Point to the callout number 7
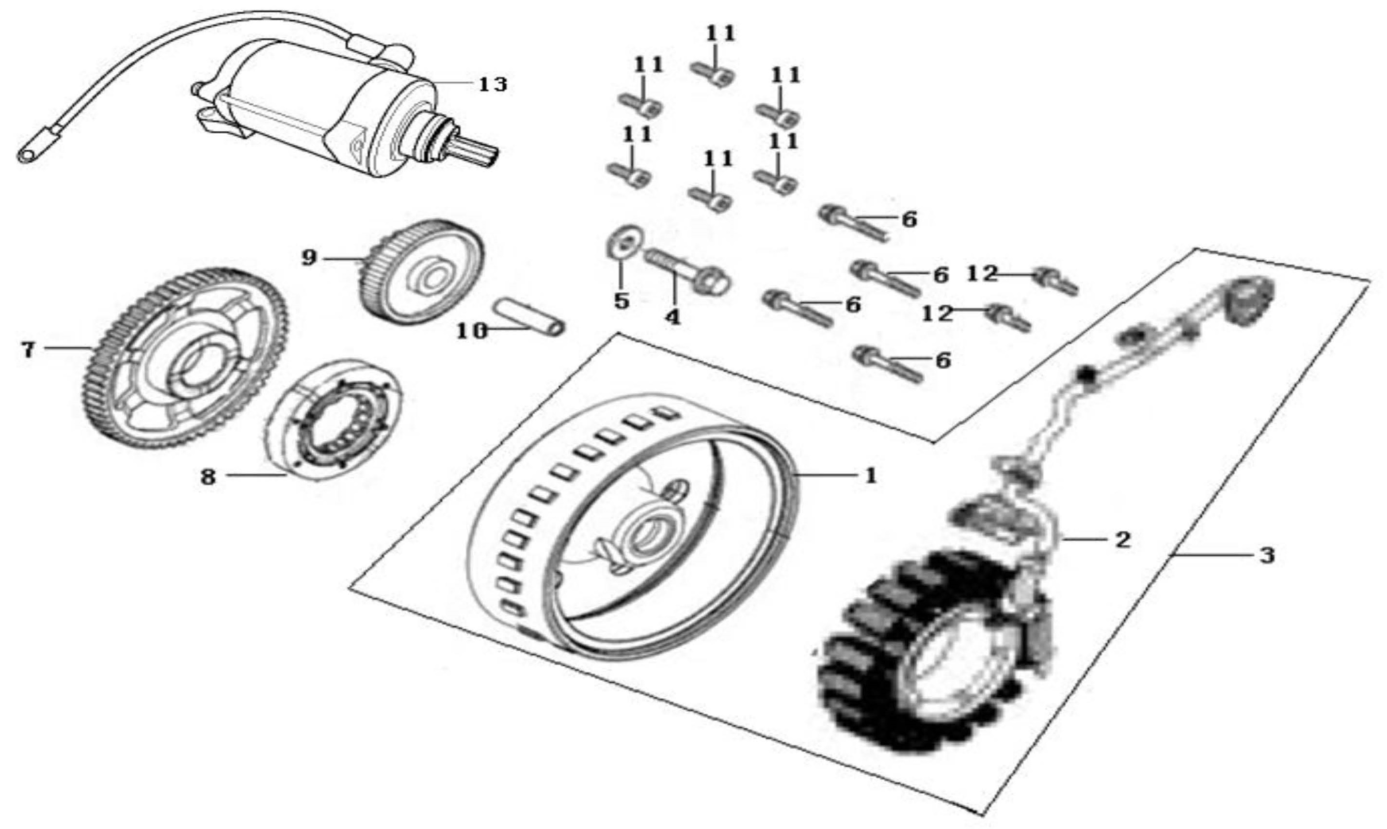pos(28,350)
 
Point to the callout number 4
pos(672,317)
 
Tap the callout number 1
pos(870,476)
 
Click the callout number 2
pos(1121,539)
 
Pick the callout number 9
pos(309,258)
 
